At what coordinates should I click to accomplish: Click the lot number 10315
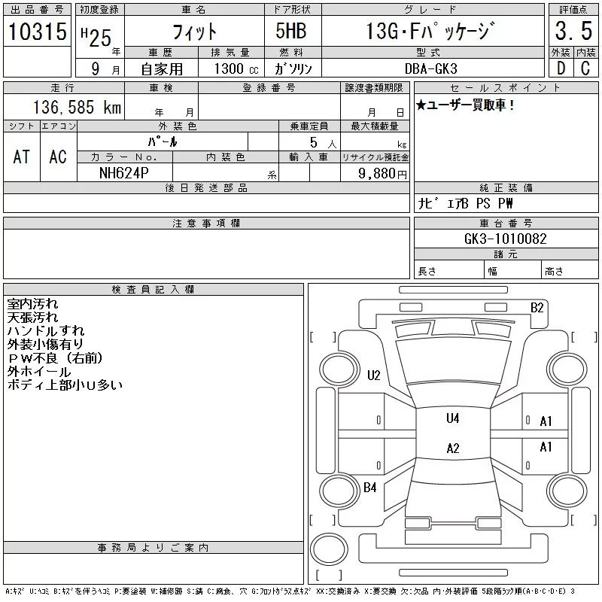coord(38,32)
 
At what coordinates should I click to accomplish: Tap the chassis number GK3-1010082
coord(506,239)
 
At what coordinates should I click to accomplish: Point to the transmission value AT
coord(22,157)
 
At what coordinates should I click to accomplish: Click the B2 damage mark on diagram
coord(537,307)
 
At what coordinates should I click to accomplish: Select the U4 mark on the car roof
coord(452,418)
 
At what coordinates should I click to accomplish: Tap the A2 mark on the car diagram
coord(452,448)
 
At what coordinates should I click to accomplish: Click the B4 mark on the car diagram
coord(369,488)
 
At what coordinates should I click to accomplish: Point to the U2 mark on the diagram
coord(373,375)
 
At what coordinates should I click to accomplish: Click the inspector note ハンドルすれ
coord(46,331)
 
